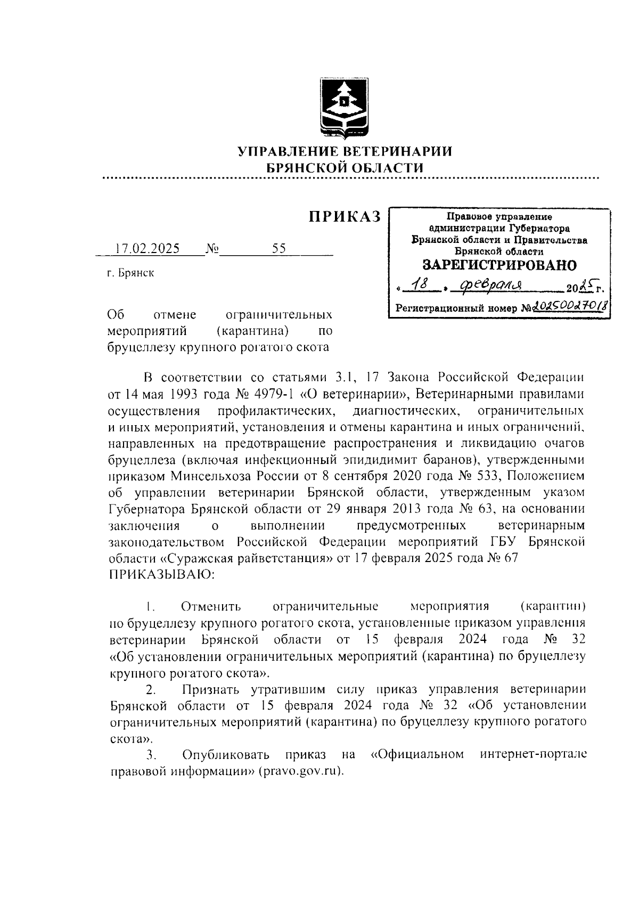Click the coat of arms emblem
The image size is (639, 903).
[x=343, y=108]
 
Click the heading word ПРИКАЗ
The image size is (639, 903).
[x=345, y=216]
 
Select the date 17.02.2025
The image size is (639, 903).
[x=148, y=249]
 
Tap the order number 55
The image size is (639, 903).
[x=278, y=249]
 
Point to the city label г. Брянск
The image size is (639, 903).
[x=130, y=273]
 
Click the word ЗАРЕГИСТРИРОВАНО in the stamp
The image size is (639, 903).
[x=499, y=264]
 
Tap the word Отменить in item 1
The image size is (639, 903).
[x=211, y=606]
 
